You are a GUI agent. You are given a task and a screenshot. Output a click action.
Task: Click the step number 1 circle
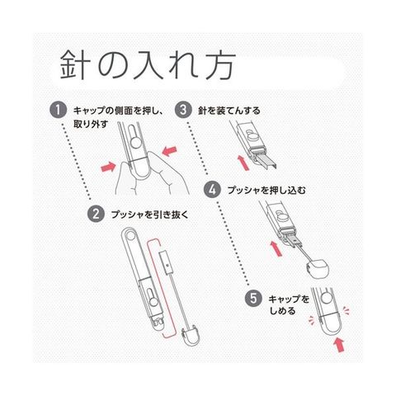coord(58,111)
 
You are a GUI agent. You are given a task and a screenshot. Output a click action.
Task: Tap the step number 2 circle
coord(96,214)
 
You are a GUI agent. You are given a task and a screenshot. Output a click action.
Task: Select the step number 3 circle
coord(183,110)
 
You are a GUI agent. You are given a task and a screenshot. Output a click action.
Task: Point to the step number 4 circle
coord(212,190)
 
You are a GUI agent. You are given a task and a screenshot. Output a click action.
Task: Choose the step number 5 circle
coord(253,298)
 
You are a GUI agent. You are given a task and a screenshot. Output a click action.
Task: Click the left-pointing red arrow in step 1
coord(168,151)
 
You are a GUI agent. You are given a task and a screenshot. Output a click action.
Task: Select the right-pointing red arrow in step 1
coord(108,167)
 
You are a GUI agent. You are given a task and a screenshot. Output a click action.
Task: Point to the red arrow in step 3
coord(243,163)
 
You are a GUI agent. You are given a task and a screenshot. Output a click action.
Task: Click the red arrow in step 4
coord(276,248)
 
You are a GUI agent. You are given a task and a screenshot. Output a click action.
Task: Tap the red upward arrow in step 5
coord(339,345)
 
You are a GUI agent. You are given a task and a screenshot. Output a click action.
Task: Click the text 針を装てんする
coord(229,111)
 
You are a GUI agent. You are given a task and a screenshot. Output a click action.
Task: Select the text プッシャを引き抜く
coord(149,214)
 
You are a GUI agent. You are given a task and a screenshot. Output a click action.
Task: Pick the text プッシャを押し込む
coord(266,190)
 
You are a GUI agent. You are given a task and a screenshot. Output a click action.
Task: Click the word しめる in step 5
coord(282,311)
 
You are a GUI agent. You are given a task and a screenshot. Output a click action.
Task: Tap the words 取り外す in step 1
coord(91,124)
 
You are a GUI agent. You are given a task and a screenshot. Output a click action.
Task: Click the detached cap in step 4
coord(318,269)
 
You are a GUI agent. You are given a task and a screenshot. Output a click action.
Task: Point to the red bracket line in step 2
coord(175,288)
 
